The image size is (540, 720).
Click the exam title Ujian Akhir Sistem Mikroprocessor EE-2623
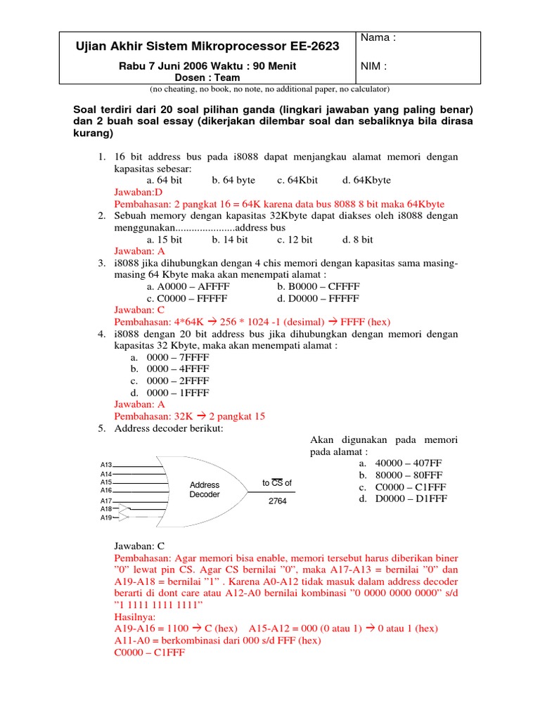pos(207,46)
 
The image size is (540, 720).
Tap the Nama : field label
pos(378,38)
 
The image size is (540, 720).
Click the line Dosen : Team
pos(207,78)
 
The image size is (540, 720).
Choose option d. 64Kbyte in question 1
pos(366,180)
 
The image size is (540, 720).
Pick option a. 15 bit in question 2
pos(165,240)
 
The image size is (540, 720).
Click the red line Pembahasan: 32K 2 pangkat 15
pos(189,416)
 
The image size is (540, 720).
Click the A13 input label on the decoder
pos(106,465)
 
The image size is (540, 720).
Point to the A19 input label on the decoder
pos(106,517)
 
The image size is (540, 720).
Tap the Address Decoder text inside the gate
pos(205,489)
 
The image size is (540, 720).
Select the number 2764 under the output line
pos(278,502)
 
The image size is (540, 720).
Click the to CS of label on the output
pos(276,483)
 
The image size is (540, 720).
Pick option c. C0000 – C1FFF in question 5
pos(402,487)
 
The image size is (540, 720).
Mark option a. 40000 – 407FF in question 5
pos(402,464)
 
